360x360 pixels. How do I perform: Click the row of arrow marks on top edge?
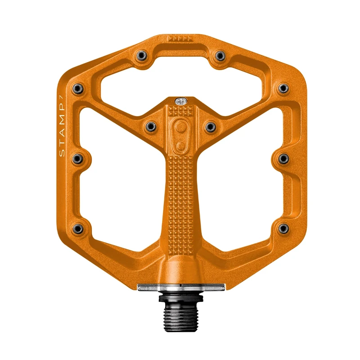pos(180,39)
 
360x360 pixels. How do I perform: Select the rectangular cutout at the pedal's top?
pos(180,79)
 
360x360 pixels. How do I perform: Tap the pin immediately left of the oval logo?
pos(151,127)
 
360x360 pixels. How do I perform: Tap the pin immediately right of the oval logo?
pos(210,127)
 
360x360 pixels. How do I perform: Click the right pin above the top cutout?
pos(220,55)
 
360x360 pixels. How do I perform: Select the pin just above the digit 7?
pos(78,88)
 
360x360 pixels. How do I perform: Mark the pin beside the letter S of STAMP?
pos(78,158)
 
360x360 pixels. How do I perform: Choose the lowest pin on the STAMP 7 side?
pos(78,229)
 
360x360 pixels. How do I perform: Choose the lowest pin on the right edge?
pos(283,229)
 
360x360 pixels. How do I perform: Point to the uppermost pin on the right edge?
pos(283,88)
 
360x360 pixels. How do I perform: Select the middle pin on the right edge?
pos(283,158)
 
